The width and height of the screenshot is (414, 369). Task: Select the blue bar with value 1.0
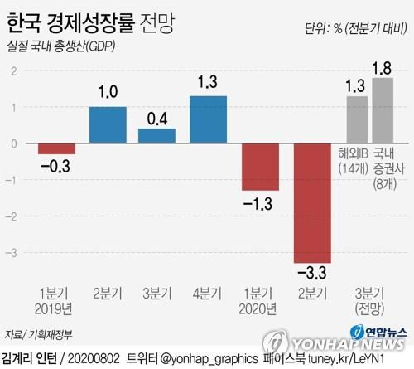coord(108,125)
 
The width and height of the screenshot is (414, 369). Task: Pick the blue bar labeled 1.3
coord(208,119)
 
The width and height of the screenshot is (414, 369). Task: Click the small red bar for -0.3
coord(57,149)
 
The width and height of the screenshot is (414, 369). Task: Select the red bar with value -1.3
coord(259,167)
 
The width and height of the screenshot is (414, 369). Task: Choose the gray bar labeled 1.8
coord(383,110)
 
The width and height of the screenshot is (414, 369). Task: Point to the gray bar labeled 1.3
coord(357,119)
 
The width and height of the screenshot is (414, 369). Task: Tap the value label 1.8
coord(383,66)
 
